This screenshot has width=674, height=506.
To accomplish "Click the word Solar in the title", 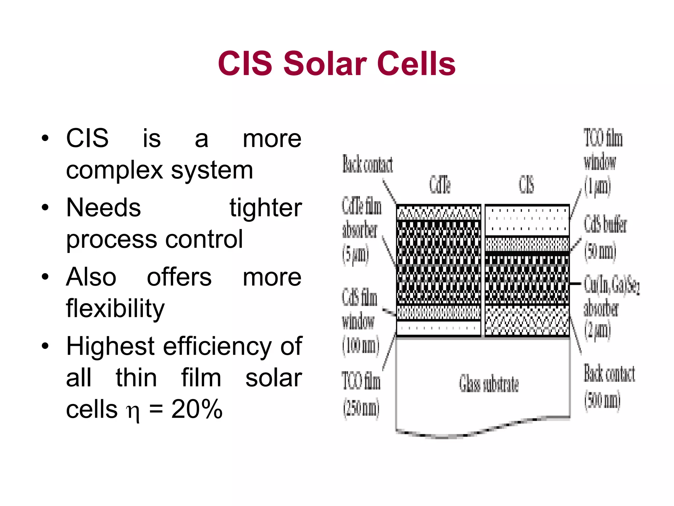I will [x=325, y=63].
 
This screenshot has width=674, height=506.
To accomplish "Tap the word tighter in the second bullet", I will [x=266, y=208].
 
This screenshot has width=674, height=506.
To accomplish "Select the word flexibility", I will [x=115, y=309].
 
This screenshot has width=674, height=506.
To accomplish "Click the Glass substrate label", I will [x=489, y=384].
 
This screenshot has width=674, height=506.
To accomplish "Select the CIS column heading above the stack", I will [x=526, y=184].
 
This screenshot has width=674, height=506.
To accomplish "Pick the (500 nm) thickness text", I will [x=602, y=400].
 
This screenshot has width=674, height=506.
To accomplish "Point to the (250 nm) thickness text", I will [x=361, y=408].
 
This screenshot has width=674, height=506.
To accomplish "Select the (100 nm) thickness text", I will [x=361, y=346].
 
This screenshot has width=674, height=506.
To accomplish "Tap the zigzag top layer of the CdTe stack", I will [x=438, y=213].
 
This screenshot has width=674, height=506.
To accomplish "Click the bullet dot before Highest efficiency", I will [x=45, y=346].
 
